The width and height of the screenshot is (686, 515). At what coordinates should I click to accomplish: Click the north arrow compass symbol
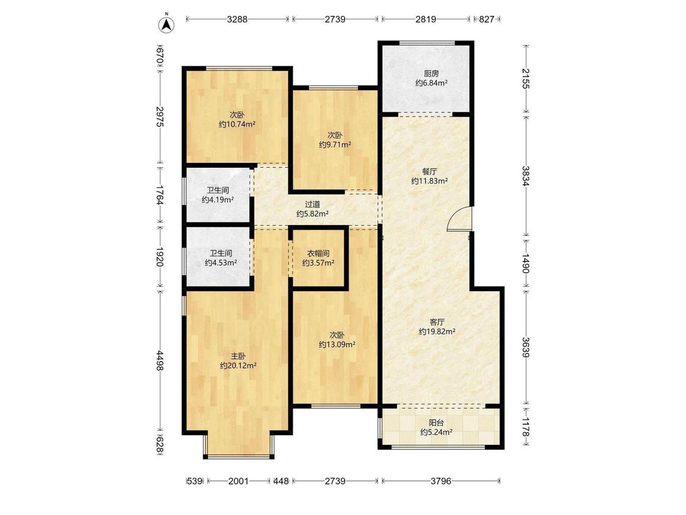pos(166,24)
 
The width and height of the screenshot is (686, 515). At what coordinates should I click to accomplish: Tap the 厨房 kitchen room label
pos(431,74)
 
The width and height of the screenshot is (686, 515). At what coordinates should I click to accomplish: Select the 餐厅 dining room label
pos(429,171)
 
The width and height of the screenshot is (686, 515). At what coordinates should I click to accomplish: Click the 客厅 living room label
pos(437,322)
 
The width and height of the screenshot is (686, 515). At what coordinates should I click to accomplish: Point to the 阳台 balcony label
pos(436,423)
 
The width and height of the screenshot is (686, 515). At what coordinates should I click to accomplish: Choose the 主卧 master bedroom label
pos(238,356)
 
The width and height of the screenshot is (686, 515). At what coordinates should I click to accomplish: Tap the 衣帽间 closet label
pos(318,254)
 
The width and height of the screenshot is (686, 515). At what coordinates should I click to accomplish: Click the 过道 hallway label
pos(312,204)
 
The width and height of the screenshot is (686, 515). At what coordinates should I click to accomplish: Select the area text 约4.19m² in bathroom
pos(218,200)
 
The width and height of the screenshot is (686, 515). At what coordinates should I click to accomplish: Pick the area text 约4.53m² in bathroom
pos(221,263)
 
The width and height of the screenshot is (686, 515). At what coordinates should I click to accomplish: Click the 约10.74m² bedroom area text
pos(237,124)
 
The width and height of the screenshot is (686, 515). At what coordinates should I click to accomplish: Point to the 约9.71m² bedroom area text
pos(335,145)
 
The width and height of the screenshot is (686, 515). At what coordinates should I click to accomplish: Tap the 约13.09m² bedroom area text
pos(337,345)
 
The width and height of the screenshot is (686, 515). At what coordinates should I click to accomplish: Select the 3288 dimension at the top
pos(237,19)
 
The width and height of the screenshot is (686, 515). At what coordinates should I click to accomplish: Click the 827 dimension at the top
pos(487,19)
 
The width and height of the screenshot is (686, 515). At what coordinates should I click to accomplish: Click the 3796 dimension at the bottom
pos(440,481)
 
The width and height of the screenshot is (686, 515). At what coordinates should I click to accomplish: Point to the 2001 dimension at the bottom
pos(238,481)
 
